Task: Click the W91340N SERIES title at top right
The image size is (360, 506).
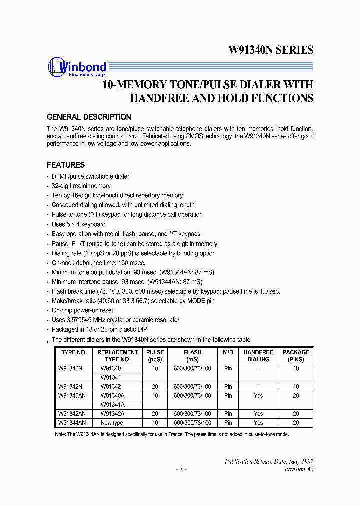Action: (x=271, y=50)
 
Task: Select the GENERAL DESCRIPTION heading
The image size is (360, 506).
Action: (x=89, y=117)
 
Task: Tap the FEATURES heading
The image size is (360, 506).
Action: (x=66, y=165)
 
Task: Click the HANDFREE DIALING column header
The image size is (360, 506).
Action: (x=258, y=356)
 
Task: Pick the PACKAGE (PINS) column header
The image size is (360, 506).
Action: (x=296, y=356)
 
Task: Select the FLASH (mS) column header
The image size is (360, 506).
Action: (x=192, y=356)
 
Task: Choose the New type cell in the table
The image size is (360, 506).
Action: (x=112, y=423)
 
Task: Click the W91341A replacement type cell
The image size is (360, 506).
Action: (x=113, y=405)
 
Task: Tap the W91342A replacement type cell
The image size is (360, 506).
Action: (x=113, y=414)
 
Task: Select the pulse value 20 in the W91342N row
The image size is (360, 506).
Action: (x=155, y=387)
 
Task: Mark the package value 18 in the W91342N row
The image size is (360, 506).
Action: (x=296, y=387)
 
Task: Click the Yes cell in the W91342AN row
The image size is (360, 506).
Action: (x=258, y=414)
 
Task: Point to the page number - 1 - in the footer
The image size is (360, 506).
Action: (x=181, y=469)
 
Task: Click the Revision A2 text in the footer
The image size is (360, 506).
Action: (x=299, y=469)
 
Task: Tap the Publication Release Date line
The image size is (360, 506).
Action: (x=269, y=461)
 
